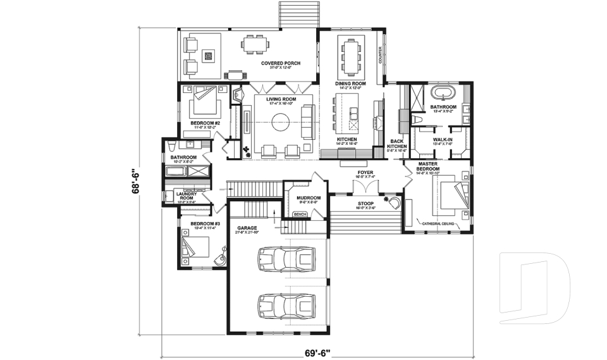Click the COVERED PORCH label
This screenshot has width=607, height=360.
click(x=280, y=64)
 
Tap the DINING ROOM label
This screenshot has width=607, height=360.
click(x=351, y=84)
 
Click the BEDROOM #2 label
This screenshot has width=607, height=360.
click(x=205, y=123)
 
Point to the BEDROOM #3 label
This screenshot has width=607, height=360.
click(x=205, y=224)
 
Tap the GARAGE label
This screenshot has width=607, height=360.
click(x=247, y=227)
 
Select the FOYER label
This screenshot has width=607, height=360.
click(x=365, y=171)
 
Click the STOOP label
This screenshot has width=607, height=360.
click(x=365, y=203)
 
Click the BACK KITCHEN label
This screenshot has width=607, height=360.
click(x=396, y=145)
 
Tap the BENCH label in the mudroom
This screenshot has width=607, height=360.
click(x=300, y=215)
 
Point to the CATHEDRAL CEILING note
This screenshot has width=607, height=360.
click(x=443, y=223)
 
